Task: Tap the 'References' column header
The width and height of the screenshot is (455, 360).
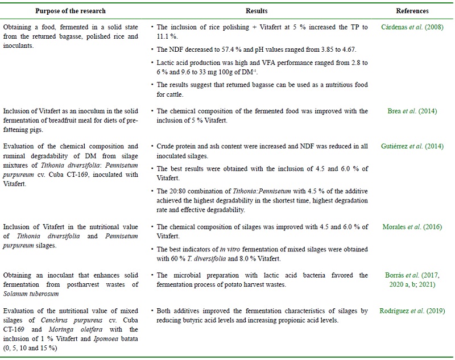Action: (x=413, y=11)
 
